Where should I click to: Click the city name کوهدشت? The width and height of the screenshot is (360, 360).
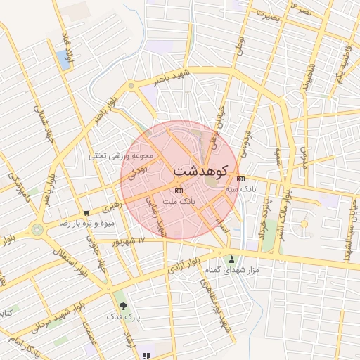(x=200, y=171)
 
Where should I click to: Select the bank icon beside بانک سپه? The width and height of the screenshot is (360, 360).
(x=241, y=179)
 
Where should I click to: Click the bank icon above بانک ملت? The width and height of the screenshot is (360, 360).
(x=178, y=191)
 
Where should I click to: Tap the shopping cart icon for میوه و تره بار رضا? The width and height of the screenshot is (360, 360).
(x=86, y=212)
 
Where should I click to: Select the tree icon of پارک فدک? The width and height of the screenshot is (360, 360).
(x=124, y=306)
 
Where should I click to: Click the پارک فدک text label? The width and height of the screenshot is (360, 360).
(x=124, y=317)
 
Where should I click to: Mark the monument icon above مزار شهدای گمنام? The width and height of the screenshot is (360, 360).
(x=231, y=260)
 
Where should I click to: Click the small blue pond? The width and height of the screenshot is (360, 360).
(x=65, y=61)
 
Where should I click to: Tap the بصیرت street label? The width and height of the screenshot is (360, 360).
(x=268, y=18)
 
